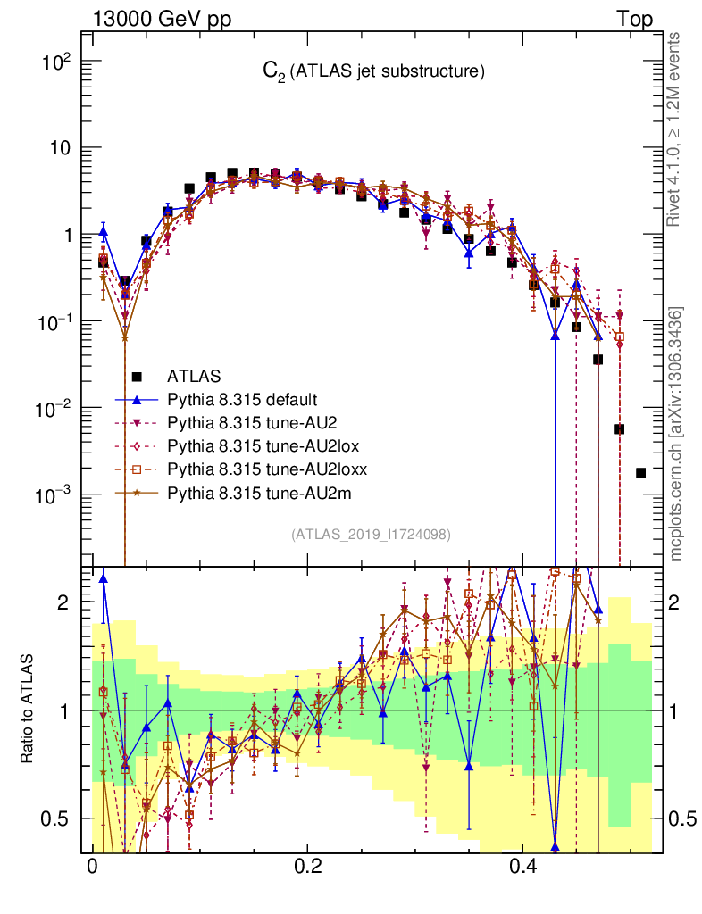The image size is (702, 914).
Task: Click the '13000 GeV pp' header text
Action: [160, 19]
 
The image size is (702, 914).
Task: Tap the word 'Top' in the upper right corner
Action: [634, 19]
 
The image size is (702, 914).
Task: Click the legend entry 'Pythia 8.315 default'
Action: [243, 399]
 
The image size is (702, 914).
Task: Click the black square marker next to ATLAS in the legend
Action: [137, 377]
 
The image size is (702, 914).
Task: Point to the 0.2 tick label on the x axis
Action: [309, 867]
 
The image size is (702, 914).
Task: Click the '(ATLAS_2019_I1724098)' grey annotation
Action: [370, 535]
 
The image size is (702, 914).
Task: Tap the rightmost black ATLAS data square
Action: [640, 472]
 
